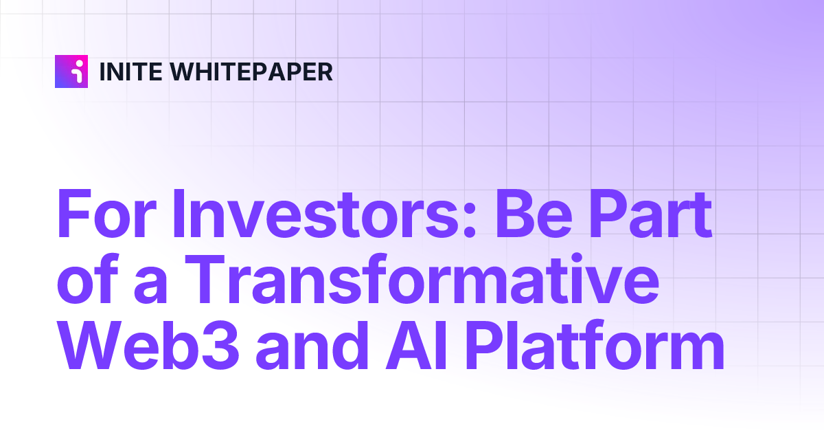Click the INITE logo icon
click(71, 71)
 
